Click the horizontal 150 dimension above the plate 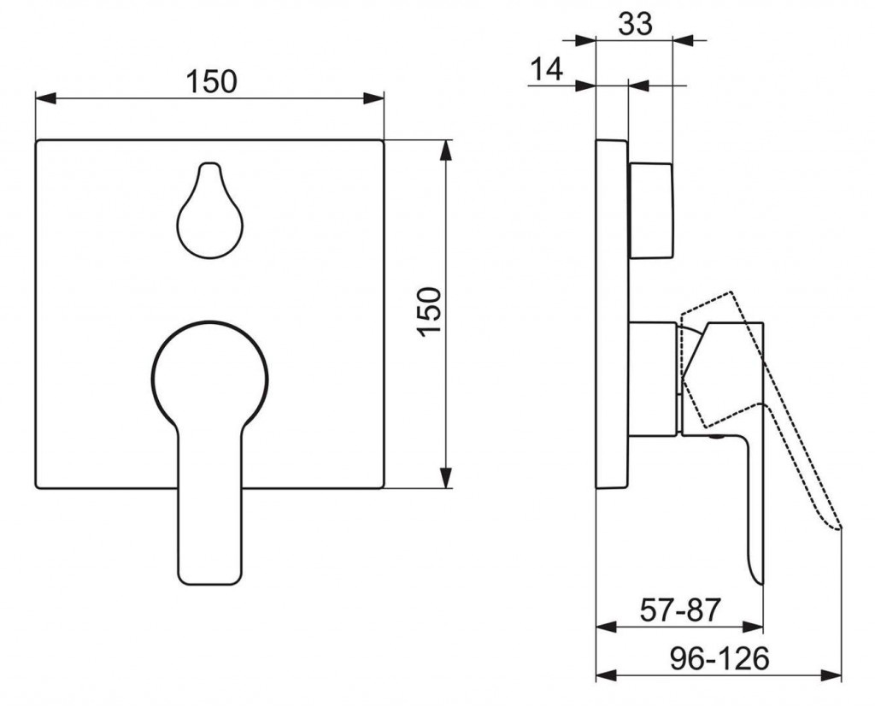[x=211, y=82]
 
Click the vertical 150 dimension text [x=430, y=312]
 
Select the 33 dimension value [x=635, y=24]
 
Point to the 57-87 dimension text [x=680, y=610]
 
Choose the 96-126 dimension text [x=719, y=658]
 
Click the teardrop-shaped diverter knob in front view [x=209, y=214]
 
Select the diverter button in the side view [x=651, y=209]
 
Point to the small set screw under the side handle [x=716, y=439]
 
